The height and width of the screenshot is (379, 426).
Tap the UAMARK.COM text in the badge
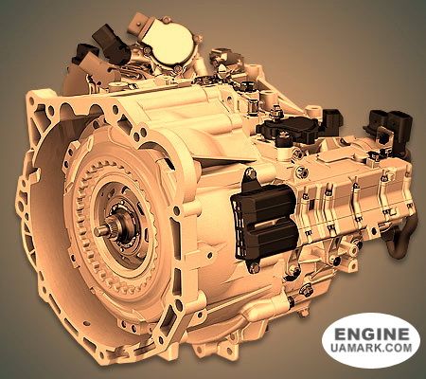(x=372, y=352)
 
